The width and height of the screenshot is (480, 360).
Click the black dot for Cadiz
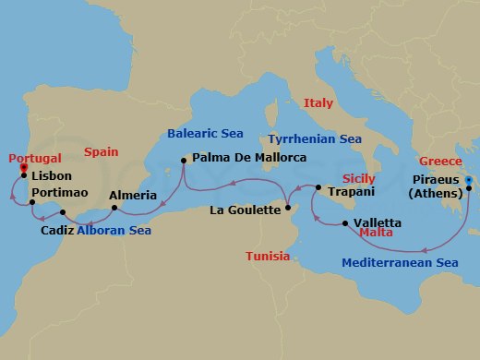63,213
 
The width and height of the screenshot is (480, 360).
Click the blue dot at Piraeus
469,180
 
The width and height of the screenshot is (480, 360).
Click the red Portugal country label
36,158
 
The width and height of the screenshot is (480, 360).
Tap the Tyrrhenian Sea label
314,138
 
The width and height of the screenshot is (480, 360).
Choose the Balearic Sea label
206,134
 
